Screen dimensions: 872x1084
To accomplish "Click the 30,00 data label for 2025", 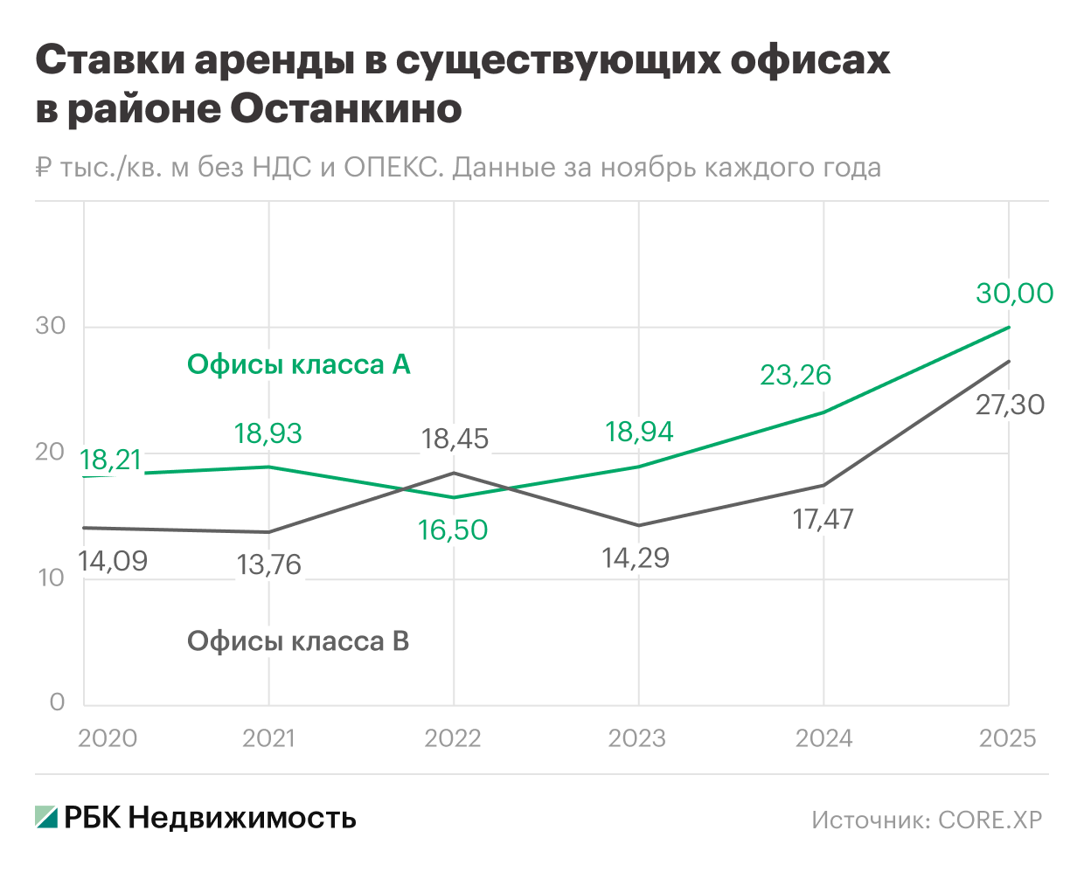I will tap(1014, 294).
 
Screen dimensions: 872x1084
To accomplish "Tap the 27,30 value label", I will tap(1010, 405).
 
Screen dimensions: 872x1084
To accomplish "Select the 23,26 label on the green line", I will tap(795, 375).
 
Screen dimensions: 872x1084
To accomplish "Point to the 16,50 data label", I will tap(453, 529).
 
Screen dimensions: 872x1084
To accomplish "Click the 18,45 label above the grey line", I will tap(455, 439).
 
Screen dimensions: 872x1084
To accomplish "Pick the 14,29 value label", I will tap(636, 557).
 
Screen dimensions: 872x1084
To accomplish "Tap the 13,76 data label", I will tap(269, 565).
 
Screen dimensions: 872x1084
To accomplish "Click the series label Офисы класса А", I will tap(298, 364).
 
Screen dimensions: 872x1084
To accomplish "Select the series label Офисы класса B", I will tap(298, 641).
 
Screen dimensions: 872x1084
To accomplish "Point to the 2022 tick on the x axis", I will tap(453, 738).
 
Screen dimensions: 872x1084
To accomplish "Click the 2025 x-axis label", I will tap(1007, 738).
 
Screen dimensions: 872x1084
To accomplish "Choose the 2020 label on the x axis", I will tap(108, 738).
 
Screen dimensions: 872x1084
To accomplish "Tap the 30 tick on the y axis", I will tap(51, 326).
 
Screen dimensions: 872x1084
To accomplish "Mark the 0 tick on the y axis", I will tap(58, 702).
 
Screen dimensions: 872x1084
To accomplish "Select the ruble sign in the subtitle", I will tap(45, 167).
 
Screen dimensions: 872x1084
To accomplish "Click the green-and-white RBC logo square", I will tap(46, 817).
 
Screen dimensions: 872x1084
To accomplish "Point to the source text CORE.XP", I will tap(990, 820).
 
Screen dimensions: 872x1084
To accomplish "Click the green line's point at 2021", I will tap(268, 467).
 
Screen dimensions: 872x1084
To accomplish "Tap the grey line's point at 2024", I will tap(823, 485).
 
